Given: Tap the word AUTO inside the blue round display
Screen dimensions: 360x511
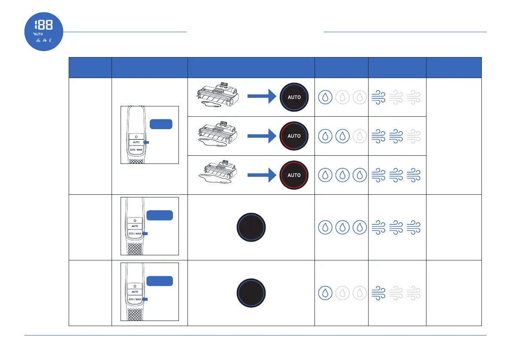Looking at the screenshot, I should (38, 33).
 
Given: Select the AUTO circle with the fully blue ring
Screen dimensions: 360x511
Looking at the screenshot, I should (294, 97).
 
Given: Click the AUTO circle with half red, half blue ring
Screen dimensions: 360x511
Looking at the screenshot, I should (294, 136).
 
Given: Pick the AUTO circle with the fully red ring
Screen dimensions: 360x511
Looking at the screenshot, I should (294, 175).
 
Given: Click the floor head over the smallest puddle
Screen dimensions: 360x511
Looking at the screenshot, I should (217, 97).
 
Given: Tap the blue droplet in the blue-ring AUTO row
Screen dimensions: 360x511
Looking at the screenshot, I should (325, 97).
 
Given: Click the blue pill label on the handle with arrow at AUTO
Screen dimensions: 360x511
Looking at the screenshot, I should (161, 124).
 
